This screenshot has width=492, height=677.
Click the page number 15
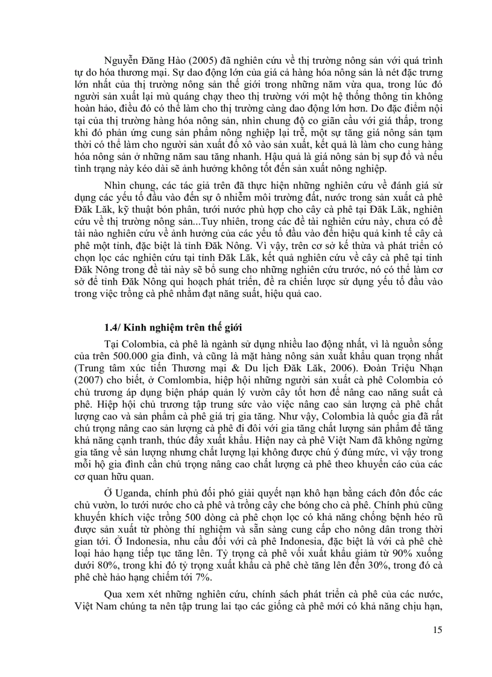[x=437, y=631]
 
